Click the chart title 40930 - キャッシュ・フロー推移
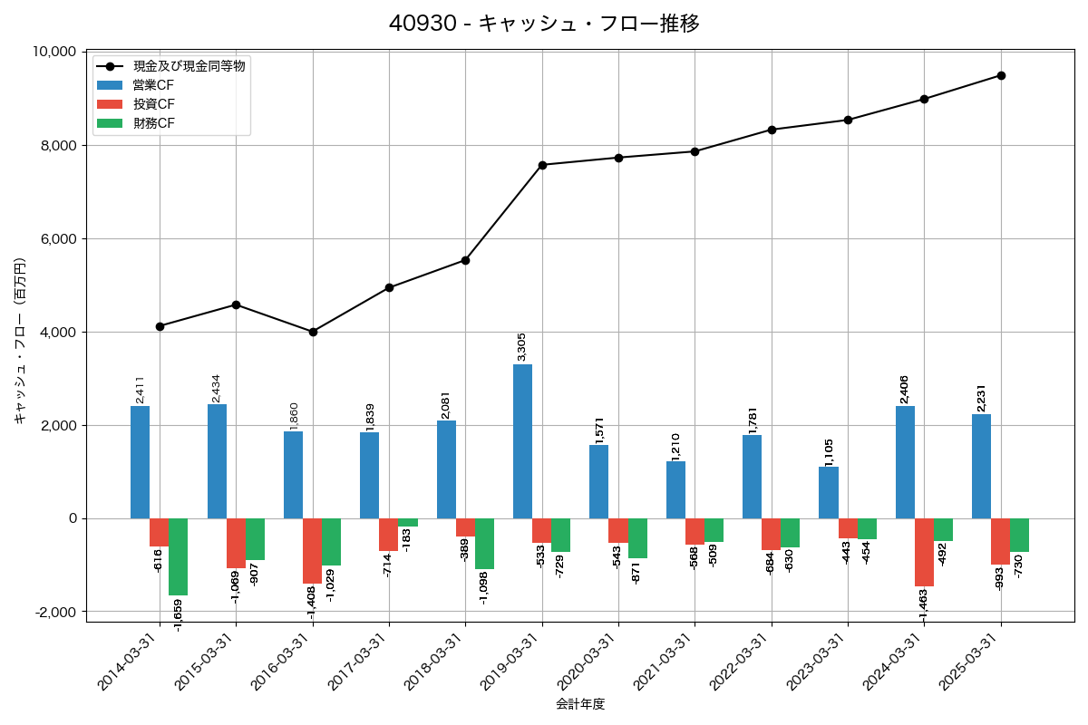(544, 24)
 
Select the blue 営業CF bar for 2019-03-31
(522, 441)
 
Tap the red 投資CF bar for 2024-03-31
(924, 552)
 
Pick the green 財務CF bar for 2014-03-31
(178, 556)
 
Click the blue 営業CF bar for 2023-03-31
(828, 492)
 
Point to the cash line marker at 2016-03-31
(313, 332)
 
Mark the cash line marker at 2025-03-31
(1001, 75)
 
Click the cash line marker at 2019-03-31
(542, 165)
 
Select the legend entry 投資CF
(153, 104)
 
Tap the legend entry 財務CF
(153, 123)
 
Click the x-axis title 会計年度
(580, 704)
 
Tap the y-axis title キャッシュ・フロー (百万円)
(20, 341)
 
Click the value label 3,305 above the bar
(521, 347)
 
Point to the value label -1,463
(923, 606)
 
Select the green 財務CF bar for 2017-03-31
(408, 522)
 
